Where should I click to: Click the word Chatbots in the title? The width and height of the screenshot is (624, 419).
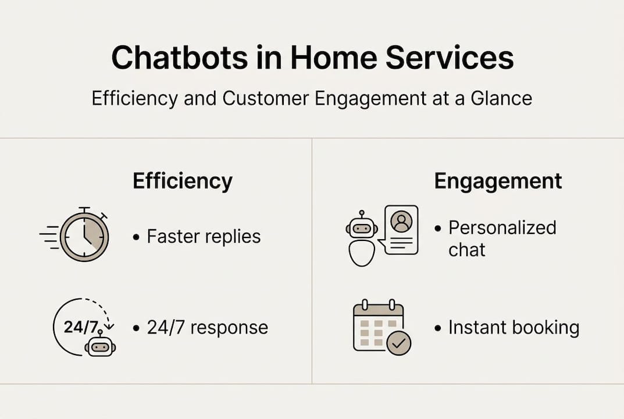pyautogui.click(x=180, y=58)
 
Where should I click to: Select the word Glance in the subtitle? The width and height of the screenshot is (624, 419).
pyautogui.click(x=501, y=98)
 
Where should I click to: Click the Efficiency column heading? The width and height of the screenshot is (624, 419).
pyautogui.click(x=183, y=181)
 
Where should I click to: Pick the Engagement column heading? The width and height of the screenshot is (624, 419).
pyautogui.click(x=498, y=181)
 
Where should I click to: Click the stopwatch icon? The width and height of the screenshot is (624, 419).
pyautogui.click(x=80, y=235)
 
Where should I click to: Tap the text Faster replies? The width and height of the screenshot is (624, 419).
pyautogui.click(x=204, y=236)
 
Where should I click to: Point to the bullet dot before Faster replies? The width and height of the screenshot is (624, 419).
pyautogui.click(x=136, y=237)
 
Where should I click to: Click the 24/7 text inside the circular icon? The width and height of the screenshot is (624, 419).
pyautogui.click(x=81, y=327)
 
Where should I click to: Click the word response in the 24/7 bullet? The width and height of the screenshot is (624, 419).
pyautogui.click(x=229, y=328)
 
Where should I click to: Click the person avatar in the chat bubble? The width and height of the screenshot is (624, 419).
pyautogui.click(x=401, y=222)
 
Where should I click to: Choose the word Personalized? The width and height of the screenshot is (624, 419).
pyautogui.click(x=502, y=228)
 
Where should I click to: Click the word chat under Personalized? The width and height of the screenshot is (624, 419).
pyautogui.click(x=467, y=250)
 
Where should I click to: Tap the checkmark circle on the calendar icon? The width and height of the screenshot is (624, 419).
pyautogui.click(x=399, y=343)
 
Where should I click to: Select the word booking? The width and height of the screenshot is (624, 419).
pyautogui.click(x=545, y=328)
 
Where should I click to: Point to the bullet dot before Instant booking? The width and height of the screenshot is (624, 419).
pyautogui.click(x=438, y=329)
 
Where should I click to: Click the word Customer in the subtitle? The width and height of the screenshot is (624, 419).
pyautogui.click(x=265, y=98)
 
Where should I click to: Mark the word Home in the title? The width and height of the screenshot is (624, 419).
pyautogui.click(x=333, y=58)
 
